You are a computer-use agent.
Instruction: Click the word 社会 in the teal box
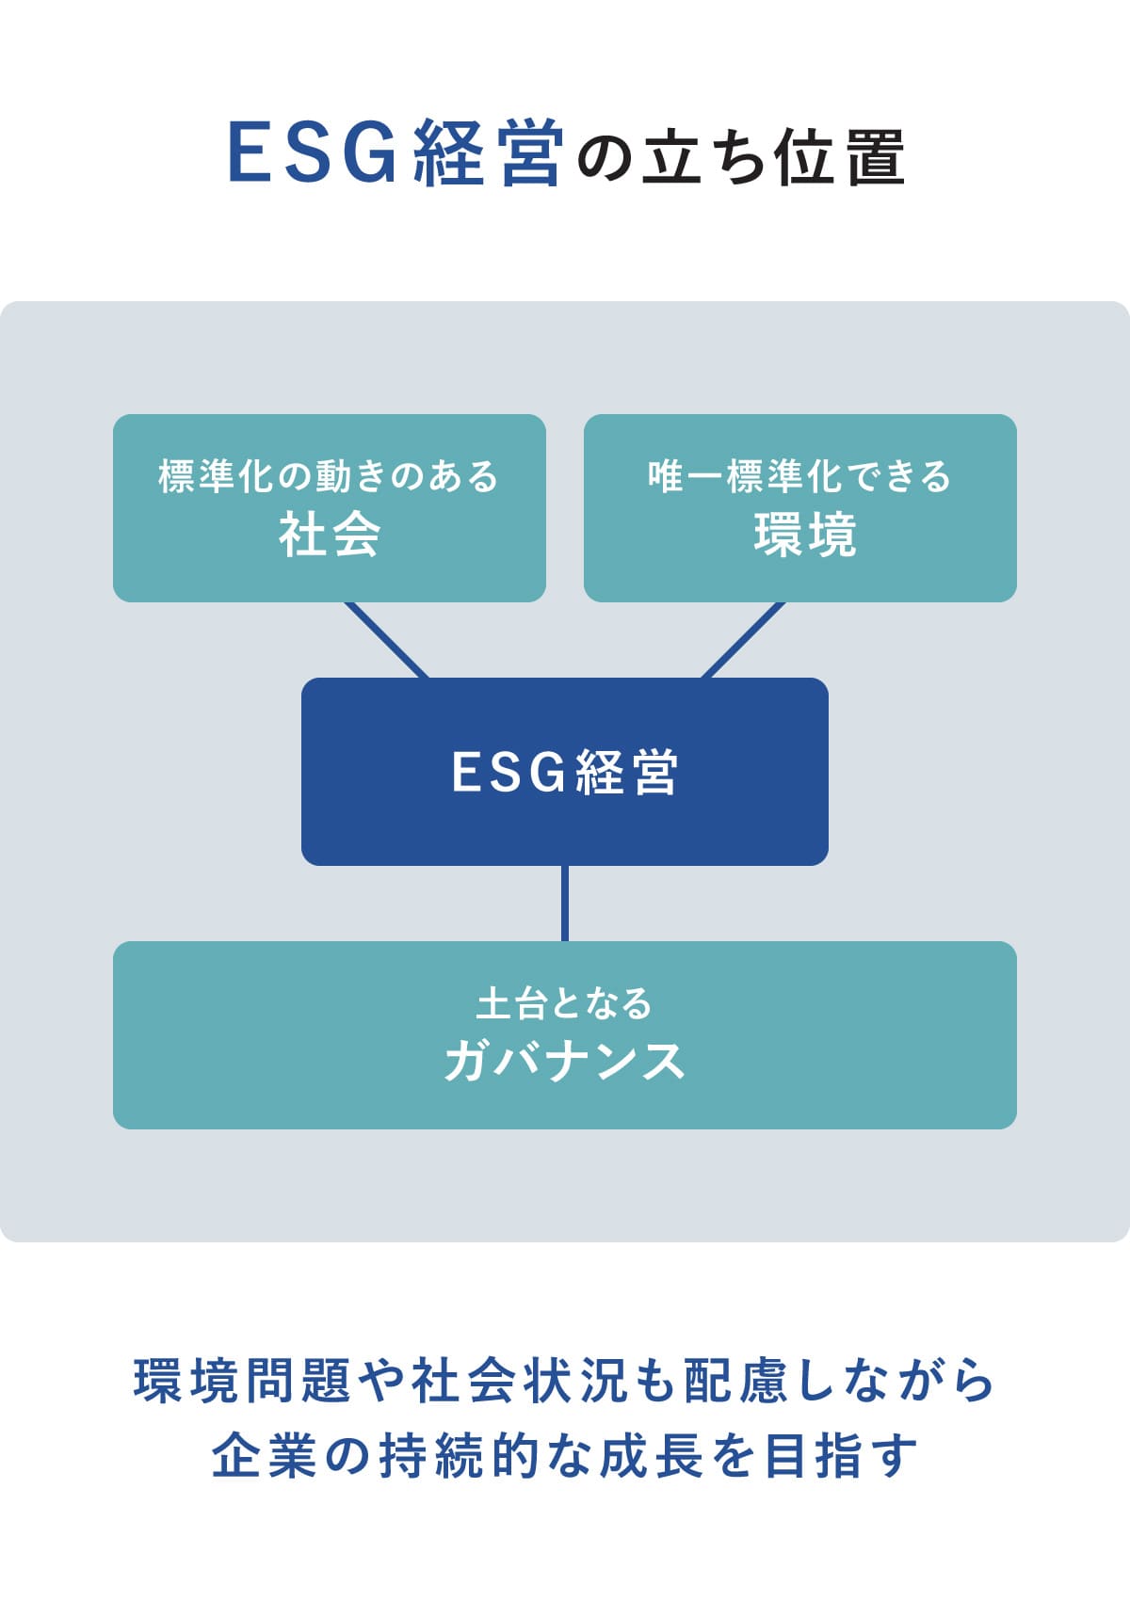[330, 535]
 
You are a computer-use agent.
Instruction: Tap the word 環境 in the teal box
[805, 535]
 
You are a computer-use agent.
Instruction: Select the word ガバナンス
[565, 1061]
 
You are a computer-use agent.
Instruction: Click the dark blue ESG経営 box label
[565, 773]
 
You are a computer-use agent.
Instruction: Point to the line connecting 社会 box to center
[387, 640]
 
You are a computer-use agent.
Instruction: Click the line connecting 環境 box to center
[743, 640]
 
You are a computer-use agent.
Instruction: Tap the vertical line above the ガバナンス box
[565, 904]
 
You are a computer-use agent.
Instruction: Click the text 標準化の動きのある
[329, 476]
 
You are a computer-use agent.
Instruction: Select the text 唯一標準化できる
[799, 476]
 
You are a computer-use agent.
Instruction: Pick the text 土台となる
[565, 1003]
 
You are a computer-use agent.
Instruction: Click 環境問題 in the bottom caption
[243, 1381]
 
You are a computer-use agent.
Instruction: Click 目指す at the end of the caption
[840, 1456]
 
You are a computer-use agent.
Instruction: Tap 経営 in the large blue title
[488, 153]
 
